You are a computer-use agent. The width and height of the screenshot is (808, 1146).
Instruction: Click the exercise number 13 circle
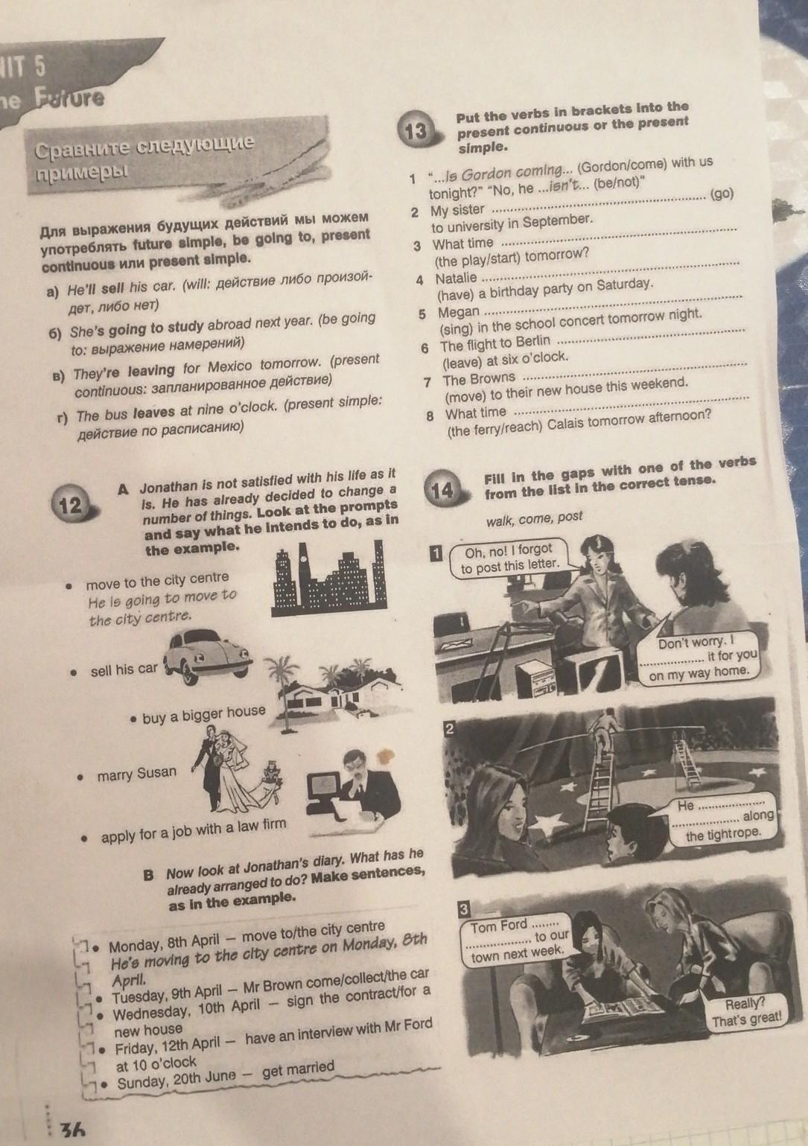point(416,132)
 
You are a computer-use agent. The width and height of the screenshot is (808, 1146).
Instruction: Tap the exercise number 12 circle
point(71,506)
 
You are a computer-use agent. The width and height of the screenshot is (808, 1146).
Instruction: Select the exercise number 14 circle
point(442,490)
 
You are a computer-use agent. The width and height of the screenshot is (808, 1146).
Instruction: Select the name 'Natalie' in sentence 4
point(456,278)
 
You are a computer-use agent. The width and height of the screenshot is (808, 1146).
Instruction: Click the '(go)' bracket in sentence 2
point(722,194)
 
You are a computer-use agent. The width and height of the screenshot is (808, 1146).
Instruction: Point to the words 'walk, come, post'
point(534,519)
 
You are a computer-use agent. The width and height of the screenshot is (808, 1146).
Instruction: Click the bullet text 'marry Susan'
point(136,774)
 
